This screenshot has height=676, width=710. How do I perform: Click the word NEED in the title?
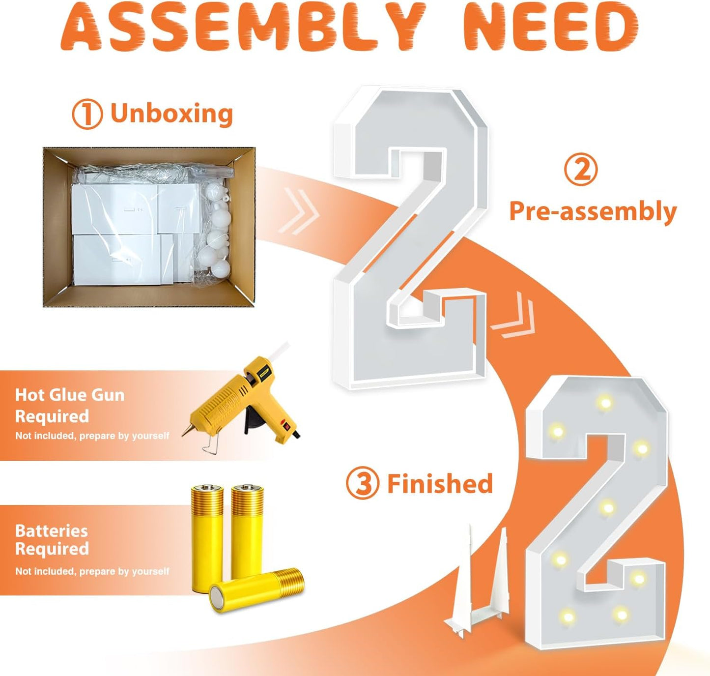[x=550, y=27]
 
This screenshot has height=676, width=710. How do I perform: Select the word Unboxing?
[x=171, y=114]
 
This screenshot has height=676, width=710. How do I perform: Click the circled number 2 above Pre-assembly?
[x=580, y=170]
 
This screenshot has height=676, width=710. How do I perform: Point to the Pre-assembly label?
[x=593, y=211]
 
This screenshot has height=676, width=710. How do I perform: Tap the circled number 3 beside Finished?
[x=362, y=483]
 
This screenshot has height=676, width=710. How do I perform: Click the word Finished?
[x=440, y=484]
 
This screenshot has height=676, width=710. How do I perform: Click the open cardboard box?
[x=149, y=227]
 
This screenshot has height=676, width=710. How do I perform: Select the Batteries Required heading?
[x=52, y=540]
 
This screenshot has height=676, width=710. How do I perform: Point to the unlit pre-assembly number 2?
[x=410, y=236]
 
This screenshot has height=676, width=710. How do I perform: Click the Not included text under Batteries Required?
[x=92, y=571]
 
